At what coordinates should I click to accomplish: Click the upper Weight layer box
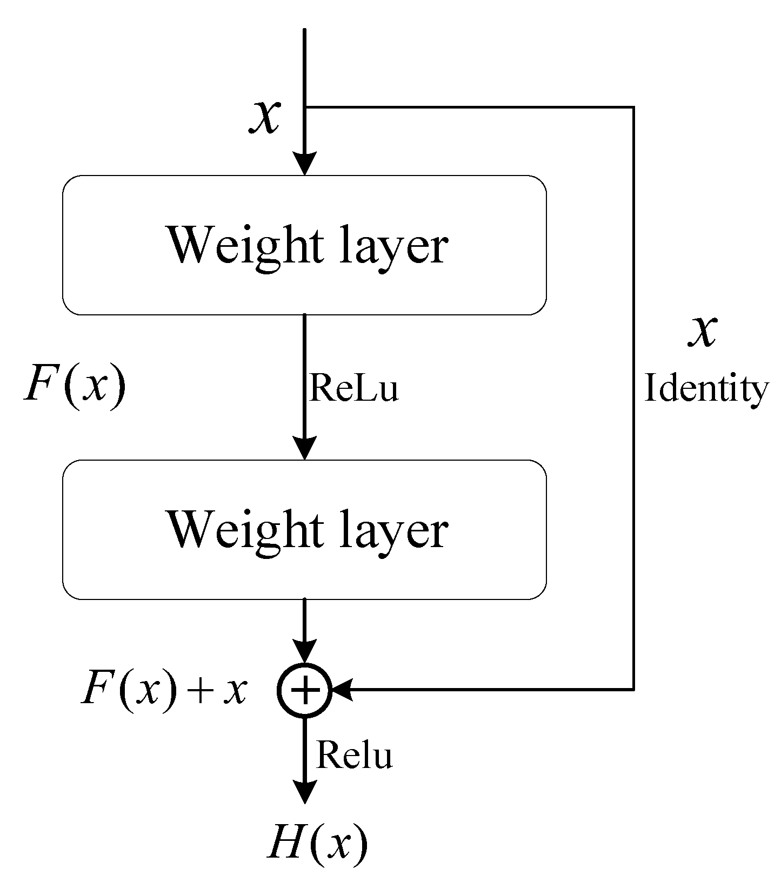pyautogui.click(x=304, y=245)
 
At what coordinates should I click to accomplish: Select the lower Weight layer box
pyautogui.click(x=304, y=529)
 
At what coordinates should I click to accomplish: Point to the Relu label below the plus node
pyautogui.click(x=353, y=754)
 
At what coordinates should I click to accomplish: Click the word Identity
pyautogui.click(x=706, y=389)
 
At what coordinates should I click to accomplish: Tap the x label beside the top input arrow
pyautogui.click(x=264, y=117)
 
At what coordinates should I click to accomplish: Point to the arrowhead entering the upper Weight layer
pyautogui.click(x=304, y=164)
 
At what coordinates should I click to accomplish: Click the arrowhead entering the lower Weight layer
pyautogui.click(x=304, y=448)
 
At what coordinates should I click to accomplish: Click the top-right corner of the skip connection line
pyautogui.click(x=632, y=107)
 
